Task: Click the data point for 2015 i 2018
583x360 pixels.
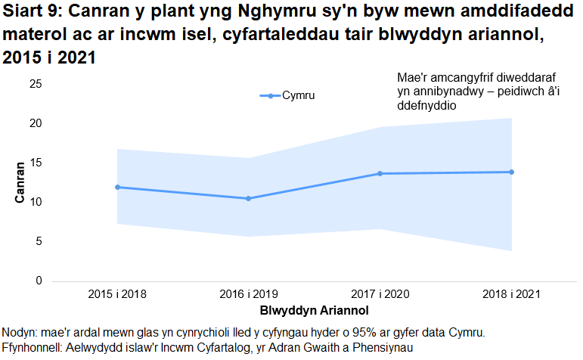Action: (x=117, y=187)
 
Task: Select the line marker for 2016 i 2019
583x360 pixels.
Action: (x=249, y=198)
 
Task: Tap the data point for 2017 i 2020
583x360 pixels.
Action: (x=380, y=174)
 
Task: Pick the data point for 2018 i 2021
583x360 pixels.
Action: (x=511, y=172)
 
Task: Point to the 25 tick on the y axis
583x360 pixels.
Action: (x=36, y=84)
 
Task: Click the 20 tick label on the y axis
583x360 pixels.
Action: (x=36, y=123)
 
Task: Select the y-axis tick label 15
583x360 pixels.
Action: (x=36, y=163)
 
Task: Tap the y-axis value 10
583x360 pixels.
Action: (x=36, y=202)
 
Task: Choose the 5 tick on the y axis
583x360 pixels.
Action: (x=39, y=241)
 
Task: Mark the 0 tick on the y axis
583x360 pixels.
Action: (x=39, y=281)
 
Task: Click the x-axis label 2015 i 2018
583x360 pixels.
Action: (x=117, y=293)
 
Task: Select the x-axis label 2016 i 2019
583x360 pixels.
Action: (x=249, y=293)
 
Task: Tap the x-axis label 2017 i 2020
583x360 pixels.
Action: (x=380, y=293)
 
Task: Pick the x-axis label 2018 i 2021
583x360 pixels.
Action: (x=511, y=293)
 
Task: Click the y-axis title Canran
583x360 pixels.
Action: (x=20, y=182)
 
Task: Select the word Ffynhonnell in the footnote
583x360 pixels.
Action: (x=33, y=347)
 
